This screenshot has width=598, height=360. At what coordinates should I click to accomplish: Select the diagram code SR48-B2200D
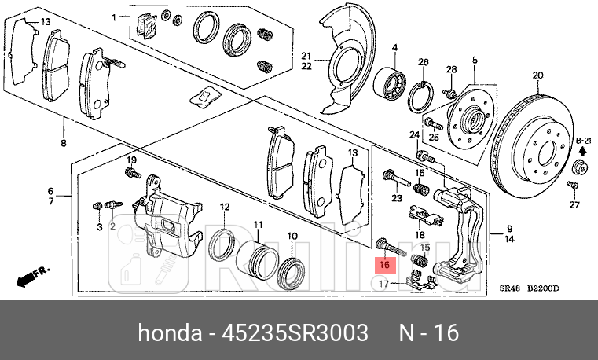pos(530,288)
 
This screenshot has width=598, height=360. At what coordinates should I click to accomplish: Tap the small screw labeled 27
pos(573,186)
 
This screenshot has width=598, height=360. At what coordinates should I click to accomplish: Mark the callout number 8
pos(64,144)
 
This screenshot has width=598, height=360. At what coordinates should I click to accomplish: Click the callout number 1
pos(113,17)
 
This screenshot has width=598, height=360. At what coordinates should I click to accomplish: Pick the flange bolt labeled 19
pos(131,172)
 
